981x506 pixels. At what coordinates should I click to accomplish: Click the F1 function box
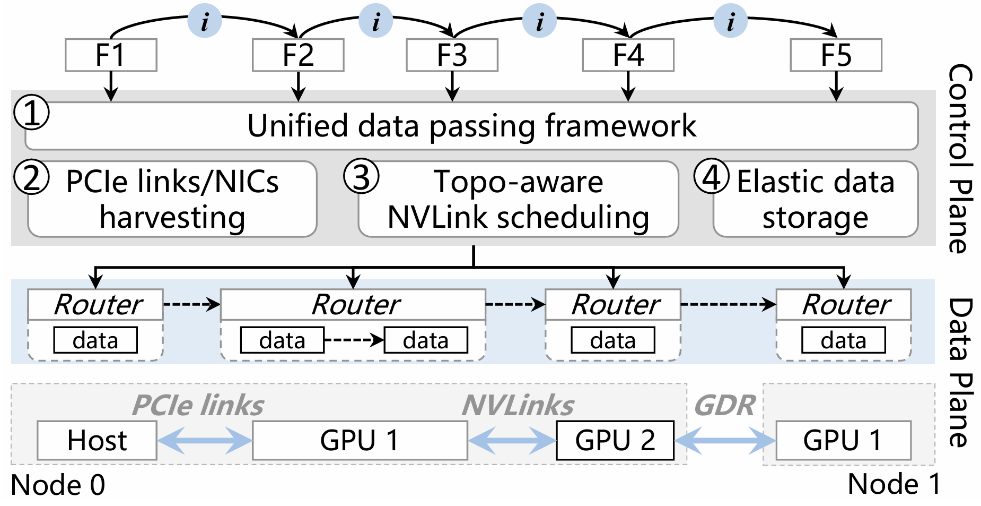(x=111, y=55)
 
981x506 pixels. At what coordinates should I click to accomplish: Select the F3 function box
(x=452, y=55)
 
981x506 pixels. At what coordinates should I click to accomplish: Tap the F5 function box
(x=836, y=55)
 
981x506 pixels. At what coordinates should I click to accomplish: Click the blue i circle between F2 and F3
(x=375, y=21)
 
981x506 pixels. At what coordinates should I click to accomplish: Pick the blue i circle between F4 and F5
(x=730, y=21)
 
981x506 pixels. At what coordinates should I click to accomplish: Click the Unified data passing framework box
(x=471, y=126)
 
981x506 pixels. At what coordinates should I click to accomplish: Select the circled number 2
(x=32, y=177)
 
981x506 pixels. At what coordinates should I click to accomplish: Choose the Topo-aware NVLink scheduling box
(x=518, y=200)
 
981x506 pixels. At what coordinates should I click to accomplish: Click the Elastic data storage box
(x=816, y=200)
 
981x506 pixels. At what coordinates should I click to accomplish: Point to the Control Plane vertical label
(x=960, y=159)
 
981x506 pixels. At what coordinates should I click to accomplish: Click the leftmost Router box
(x=95, y=305)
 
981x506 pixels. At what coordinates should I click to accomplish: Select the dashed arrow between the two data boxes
(x=354, y=340)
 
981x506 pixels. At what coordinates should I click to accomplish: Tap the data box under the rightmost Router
(x=843, y=340)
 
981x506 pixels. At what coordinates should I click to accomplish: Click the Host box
(x=97, y=441)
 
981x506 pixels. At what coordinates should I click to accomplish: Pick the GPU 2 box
(x=615, y=441)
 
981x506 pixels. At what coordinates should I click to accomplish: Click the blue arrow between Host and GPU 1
(x=205, y=441)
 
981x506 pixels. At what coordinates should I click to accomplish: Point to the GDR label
(x=724, y=406)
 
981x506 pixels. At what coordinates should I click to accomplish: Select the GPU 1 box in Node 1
(x=843, y=441)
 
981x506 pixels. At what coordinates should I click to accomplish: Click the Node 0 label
(x=58, y=485)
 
